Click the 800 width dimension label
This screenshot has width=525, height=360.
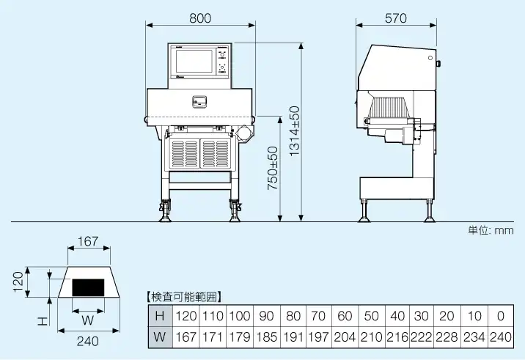[200, 18]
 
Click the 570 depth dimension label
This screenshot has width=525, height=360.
[395, 18]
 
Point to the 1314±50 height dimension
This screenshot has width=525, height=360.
[294, 131]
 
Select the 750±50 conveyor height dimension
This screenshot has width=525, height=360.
[272, 169]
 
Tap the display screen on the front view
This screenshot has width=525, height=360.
[194, 62]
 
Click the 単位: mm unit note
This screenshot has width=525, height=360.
[491, 229]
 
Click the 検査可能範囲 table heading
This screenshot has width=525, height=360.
[184, 297]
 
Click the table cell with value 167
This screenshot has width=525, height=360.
[187, 337]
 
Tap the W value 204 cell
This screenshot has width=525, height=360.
[344, 337]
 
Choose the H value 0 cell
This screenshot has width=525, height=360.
[500, 316]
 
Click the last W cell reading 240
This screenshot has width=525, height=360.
[500, 337]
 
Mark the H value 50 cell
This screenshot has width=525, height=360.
[371, 316]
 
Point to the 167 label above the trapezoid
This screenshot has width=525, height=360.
[87, 240]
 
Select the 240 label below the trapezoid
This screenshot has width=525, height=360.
[87, 340]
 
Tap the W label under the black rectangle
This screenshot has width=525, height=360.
[87, 320]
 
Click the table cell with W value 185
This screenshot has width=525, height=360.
[266, 337]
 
